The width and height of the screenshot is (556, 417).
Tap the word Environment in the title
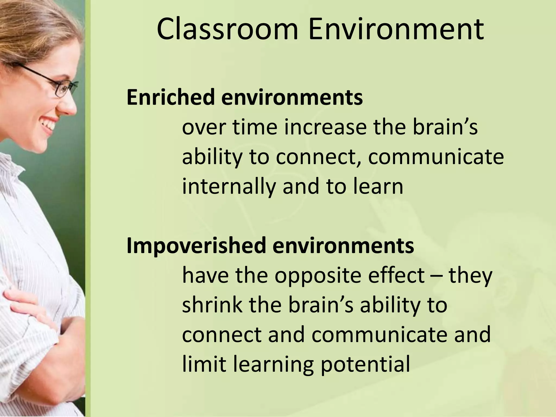pyautogui.click(x=396, y=30)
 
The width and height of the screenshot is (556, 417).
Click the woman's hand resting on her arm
pyautogui.click(x=30, y=304)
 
